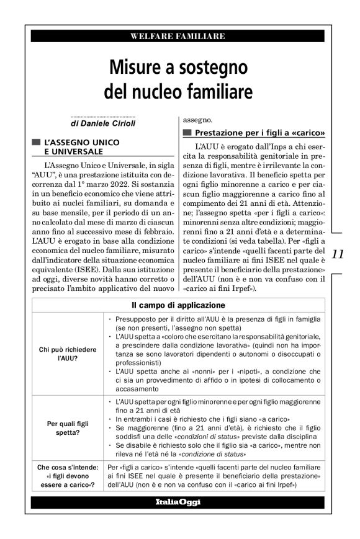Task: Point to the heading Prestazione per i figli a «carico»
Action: [x=260, y=133]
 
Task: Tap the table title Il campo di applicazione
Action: [x=178, y=305]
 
